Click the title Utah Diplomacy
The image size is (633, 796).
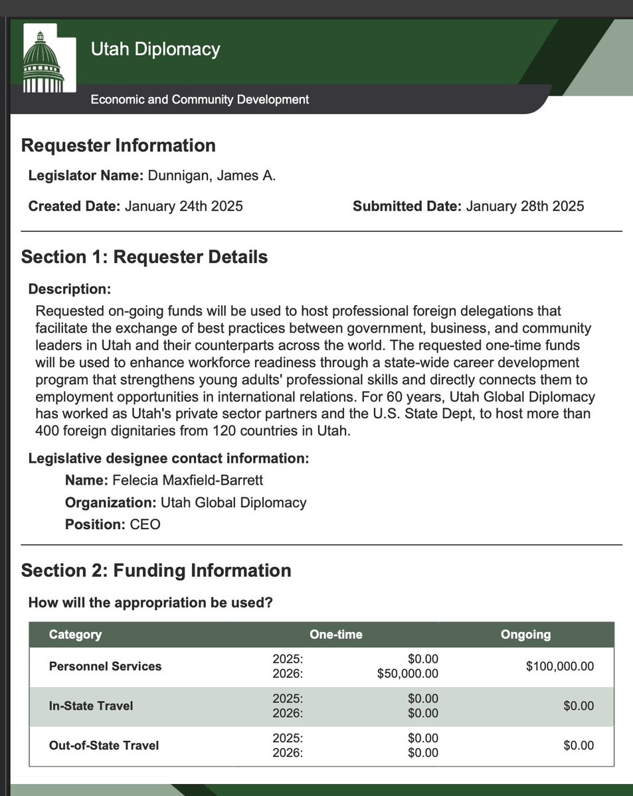tap(155, 49)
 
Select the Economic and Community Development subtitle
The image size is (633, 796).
tap(199, 100)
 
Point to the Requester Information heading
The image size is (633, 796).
tap(118, 145)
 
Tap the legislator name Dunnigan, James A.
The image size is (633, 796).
tap(211, 176)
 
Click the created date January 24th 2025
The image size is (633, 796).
tap(184, 206)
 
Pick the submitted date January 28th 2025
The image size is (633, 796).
tap(525, 206)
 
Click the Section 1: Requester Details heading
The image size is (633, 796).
tap(144, 257)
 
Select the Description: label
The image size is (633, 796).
tap(69, 289)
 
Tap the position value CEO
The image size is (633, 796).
tap(145, 524)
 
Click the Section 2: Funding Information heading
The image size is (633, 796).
tap(156, 570)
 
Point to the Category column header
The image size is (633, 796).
tap(75, 634)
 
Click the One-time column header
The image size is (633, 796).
tap(336, 634)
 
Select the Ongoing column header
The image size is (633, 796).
tap(525, 634)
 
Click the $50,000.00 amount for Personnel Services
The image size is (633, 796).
tap(408, 674)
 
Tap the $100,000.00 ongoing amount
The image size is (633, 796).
tap(560, 666)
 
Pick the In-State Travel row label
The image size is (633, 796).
tap(91, 706)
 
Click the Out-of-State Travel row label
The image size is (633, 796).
tap(104, 746)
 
